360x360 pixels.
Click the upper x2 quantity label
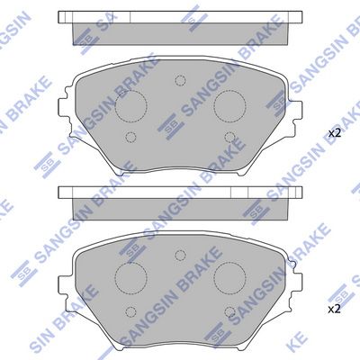[x=334, y=133]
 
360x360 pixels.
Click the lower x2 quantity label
[x=334, y=309]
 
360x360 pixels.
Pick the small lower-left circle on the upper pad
[x=131, y=137]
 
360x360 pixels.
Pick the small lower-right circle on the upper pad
[x=230, y=137]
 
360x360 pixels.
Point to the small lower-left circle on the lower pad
[x=131, y=310]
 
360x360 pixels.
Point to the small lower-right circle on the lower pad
[x=230, y=310]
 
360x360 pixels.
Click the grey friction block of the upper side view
[x=180, y=31]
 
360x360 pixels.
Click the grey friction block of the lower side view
[x=180, y=206]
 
